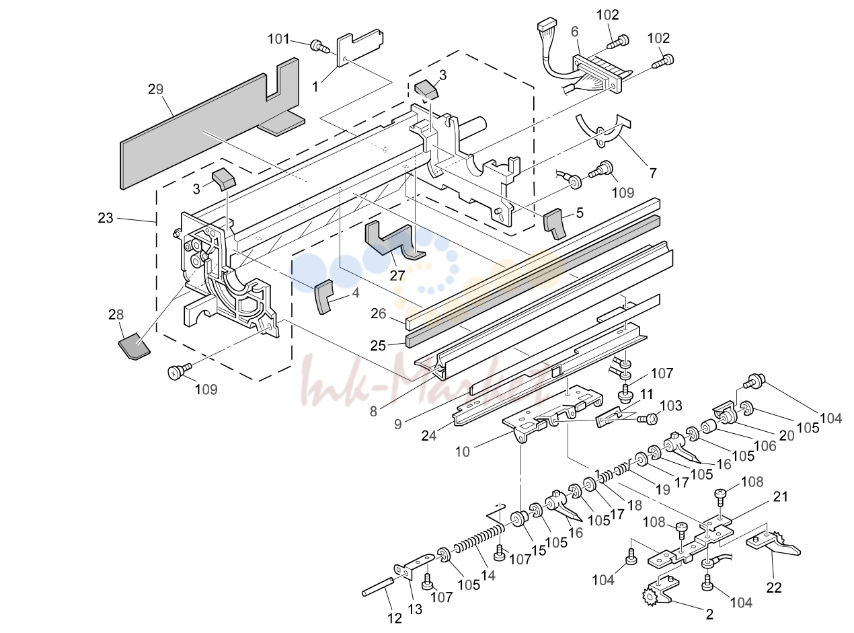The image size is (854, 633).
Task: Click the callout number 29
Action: pyautogui.click(x=155, y=89)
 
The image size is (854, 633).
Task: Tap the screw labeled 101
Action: pyautogui.click(x=319, y=46)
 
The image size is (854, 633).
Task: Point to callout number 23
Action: pyautogui.click(x=105, y=218)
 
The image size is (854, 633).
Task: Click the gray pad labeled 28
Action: pyautogui.click(x=134, y=346)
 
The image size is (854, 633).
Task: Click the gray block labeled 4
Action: pyautogui.click(x=323, y=297)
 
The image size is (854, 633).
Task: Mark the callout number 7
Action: pyautogui.click(x=652, y=174)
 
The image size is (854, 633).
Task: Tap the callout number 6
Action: pyautogui.click(x=574, y=32)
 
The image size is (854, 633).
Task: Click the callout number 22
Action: pyautogui.click(x=774, y=587)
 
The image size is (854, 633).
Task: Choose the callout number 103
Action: pyautogui.click(x=670, y=406)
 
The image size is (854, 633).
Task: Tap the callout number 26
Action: pyautogui.click(x=378, y=313)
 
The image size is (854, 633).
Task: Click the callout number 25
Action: pyautogui.click(x=378, y=345)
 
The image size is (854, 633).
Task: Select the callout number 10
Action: pyautogui.click(x=463, y=451)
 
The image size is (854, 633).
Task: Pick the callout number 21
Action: pyautogui.click(x=781, y=496)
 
